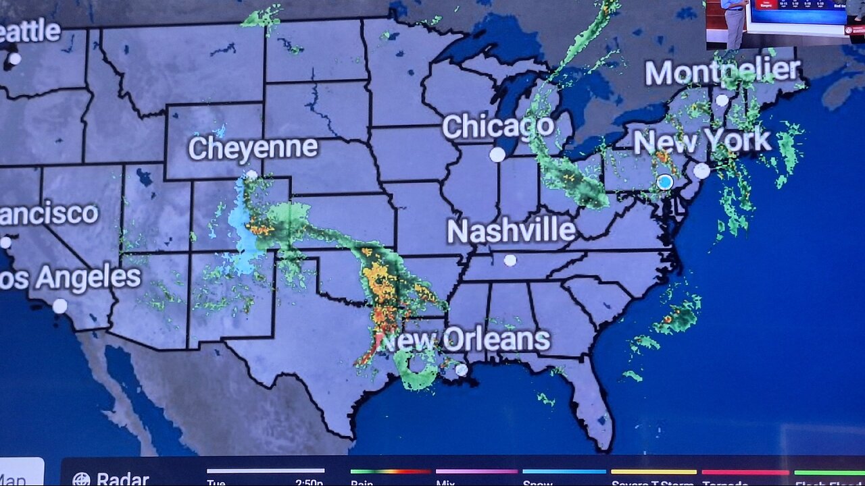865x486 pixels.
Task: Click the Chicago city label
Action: click(498, 127)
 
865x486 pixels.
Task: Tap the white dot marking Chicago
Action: click(497, 155)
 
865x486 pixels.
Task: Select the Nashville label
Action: click(511, 232)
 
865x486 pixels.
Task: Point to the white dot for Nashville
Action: click(510, 260)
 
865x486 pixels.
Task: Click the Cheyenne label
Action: click(253, 148)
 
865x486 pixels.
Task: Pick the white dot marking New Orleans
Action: click(462, 369)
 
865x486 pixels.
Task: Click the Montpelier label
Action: click(722, 72)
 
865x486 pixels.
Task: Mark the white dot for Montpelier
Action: click(722, 101)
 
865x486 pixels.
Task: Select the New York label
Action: click(702, 141)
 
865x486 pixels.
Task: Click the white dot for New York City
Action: click(702, 171)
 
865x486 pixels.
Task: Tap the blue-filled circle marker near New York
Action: click(665, 182)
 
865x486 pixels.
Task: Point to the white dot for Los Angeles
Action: click(60, 306)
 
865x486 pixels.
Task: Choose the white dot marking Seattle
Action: click(14, 59)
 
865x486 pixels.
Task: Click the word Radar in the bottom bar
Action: click(122, 479)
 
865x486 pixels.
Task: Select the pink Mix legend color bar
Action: click(476, 472)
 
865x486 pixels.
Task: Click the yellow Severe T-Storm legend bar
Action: click(653, 472)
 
